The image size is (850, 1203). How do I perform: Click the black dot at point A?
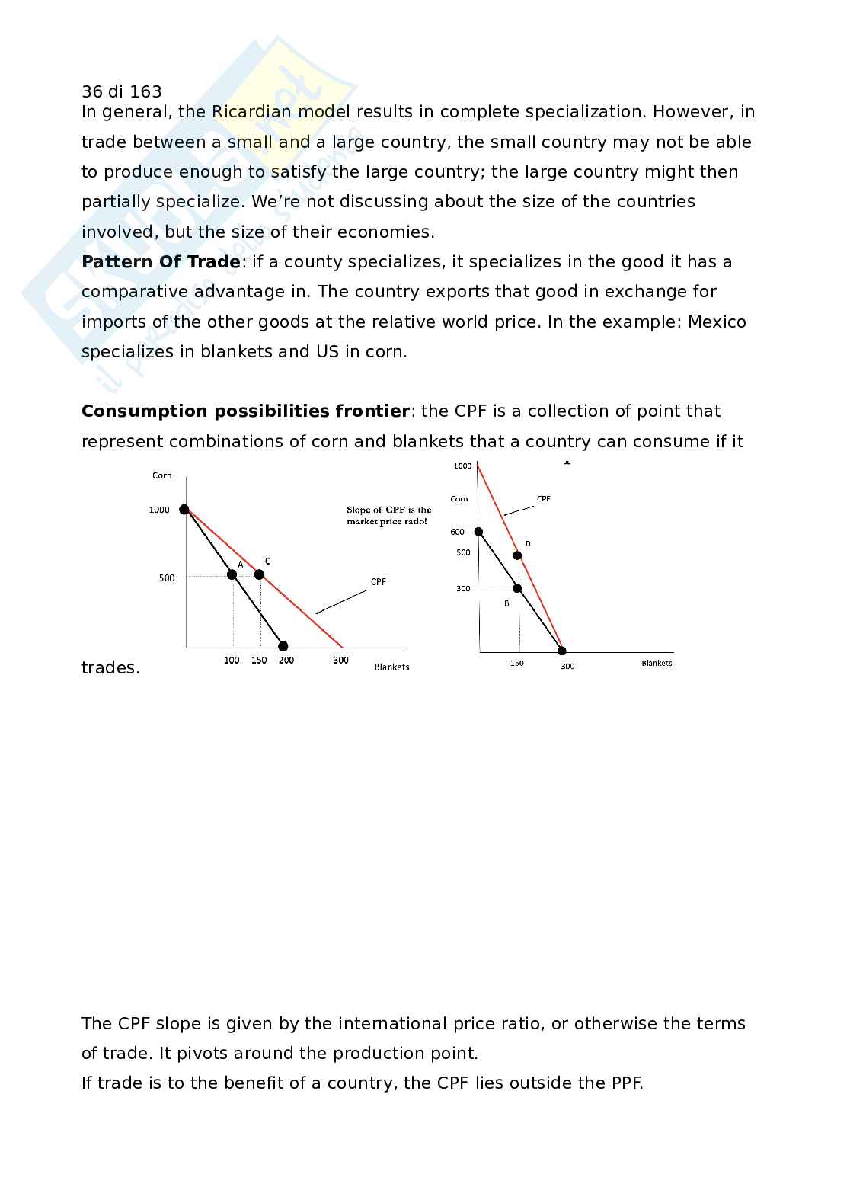pyautogui.click(x=232, y=574)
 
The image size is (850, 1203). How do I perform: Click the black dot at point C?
pyautogui.click(x=259, y=574)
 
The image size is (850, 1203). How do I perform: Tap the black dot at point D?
pyautogui.click(x=518, y=555)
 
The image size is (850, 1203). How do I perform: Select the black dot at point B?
pyautogui.click(x=518, y=588)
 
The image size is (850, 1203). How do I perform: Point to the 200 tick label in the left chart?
pyautogui.click(x=286, y=661)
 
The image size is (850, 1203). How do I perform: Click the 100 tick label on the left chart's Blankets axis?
pyautogui.click(x=232, y=661)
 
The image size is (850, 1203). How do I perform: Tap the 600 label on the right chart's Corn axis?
pyautogui.click(x=457, y=532)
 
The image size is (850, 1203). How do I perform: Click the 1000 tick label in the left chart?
pyautogui.click(x=159, y=510)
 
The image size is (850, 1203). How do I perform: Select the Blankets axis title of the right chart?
pyautogui.click(x=657, y=664)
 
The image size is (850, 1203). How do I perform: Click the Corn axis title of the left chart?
pyautogui.click(x=162, y=475)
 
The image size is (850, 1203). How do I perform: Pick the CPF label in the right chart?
pyautogui.click(x=543, y=499)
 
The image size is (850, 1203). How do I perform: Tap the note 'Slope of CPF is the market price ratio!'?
pyautogui.click(x=388, y=516)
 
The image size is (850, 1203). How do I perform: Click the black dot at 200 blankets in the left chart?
pyautogui.click(x=283, y=647)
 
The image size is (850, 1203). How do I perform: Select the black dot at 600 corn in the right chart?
pyautogui.click(x=478, y=532)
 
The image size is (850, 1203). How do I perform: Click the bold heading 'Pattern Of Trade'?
pyautogui.click(x=161, y=262)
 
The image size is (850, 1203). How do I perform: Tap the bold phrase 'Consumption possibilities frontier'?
pyautogui.click(x=245, y=411)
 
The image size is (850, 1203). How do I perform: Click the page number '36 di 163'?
pyautogui.click(x=122, y=92)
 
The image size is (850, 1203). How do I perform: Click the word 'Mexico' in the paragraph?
pyautogui.click(x=717, y=322)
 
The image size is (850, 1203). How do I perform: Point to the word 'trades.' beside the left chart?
pyautogui.click(x=110, y=668)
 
